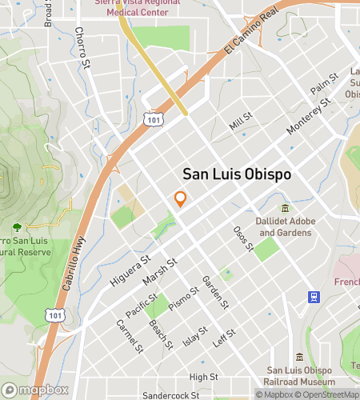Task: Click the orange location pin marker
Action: click(x=181, y=199)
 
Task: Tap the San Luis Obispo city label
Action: click(x=236, y=174)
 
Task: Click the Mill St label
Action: click(x=240, y=122)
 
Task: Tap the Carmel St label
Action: click(x=130, y=336)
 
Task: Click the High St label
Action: click(x=203, y=376)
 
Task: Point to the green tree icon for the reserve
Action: click(x=18, y=227)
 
